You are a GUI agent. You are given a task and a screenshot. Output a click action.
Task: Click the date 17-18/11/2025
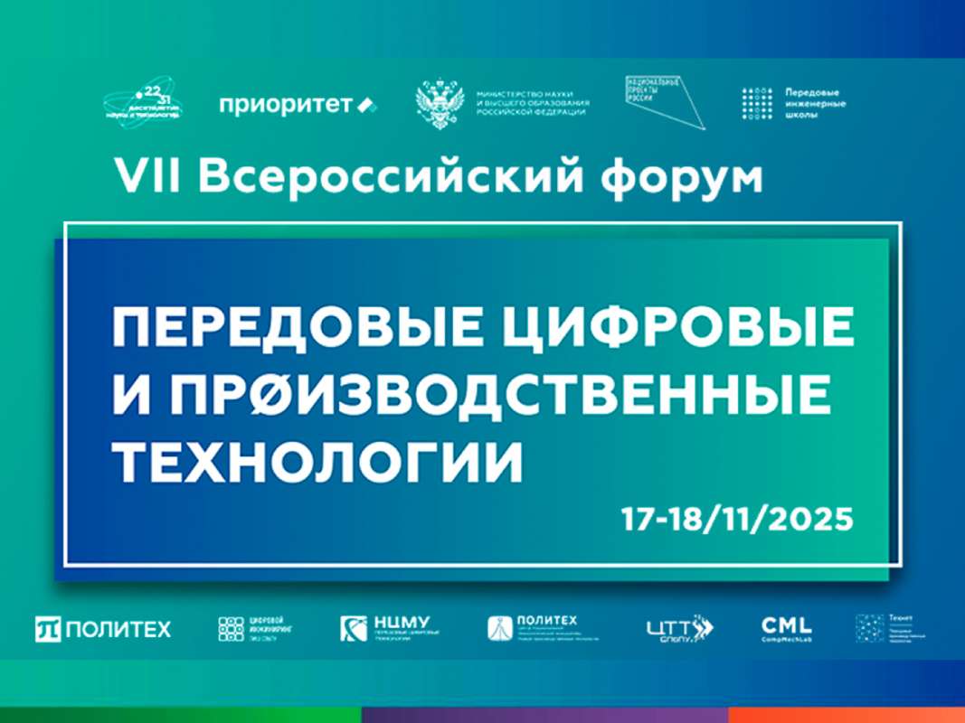click(736, 520)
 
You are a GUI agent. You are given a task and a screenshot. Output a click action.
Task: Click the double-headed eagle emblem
click(440, 105)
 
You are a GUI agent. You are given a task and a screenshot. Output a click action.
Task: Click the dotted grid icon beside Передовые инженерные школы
click(757, 104)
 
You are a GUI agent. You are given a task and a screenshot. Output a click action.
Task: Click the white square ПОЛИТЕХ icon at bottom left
click(47, 629)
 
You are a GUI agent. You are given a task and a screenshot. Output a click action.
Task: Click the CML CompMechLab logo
click(787, 626)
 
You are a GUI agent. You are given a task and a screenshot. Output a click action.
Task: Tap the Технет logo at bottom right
click(891, 627)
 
